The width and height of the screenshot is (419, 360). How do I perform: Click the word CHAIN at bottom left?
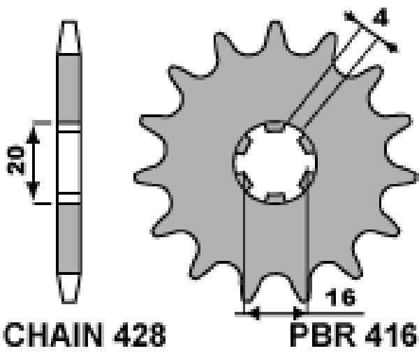54,334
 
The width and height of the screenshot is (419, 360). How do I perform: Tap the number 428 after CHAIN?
140,334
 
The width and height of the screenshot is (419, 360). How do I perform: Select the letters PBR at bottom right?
323,334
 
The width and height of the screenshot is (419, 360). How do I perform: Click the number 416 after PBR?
390,334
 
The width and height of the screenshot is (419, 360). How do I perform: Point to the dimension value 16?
340,297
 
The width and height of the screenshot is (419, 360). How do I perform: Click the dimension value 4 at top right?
381,17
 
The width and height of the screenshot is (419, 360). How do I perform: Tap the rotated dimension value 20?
15,160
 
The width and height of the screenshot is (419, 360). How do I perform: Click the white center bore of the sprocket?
275,163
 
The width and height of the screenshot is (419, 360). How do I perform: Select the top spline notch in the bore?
275,126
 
